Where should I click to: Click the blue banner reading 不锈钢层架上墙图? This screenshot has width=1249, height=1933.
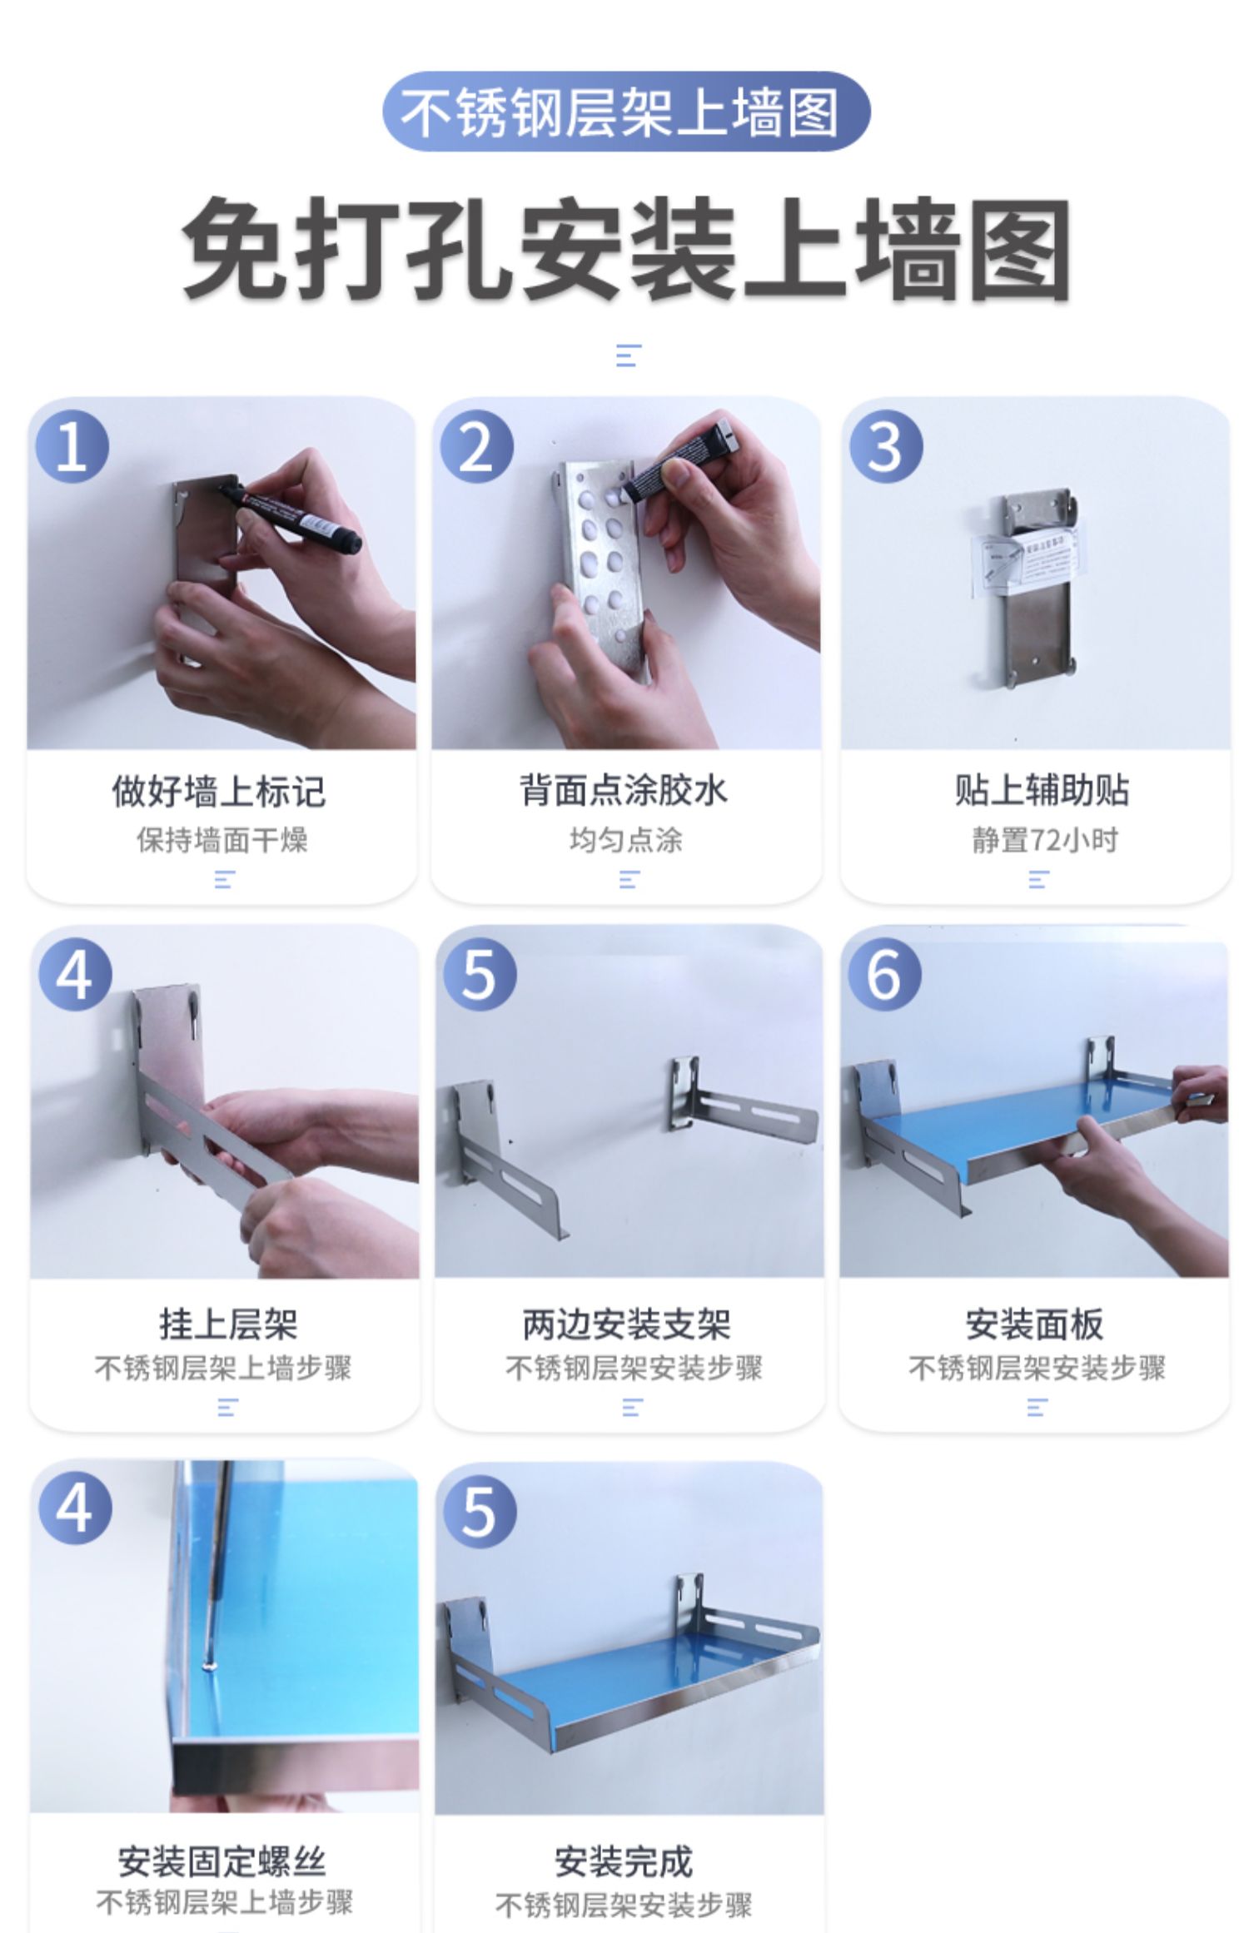click(x=626, y=112)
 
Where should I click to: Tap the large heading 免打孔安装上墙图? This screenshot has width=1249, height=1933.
click(x=626, y=249)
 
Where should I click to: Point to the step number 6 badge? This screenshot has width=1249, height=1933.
click(x=884, y=975)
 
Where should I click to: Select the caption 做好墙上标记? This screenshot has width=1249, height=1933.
click(x=219, y=791)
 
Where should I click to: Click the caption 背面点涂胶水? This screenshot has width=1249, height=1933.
click(x=624, y=790)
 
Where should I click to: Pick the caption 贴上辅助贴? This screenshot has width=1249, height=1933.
click(x=1041, y=790)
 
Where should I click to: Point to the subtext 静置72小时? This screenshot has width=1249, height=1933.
click(x=1045, y=840)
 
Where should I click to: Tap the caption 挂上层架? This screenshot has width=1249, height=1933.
click(x=228, y=1324)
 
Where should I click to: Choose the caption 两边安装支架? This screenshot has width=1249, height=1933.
click(x=626, y=1324)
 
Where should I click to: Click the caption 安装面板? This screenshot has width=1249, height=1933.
click(x=1034, y=1324)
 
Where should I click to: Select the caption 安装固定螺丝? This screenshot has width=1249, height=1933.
click(x=221, y=1861)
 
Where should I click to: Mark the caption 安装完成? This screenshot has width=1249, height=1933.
click(x=624, y=1861)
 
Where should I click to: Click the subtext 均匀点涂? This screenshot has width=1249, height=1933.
click(x=626, y=839)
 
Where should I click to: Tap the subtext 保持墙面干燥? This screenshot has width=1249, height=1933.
click(x=222, y=840)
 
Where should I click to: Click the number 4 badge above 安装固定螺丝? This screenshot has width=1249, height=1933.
click(x=75, y=1508)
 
